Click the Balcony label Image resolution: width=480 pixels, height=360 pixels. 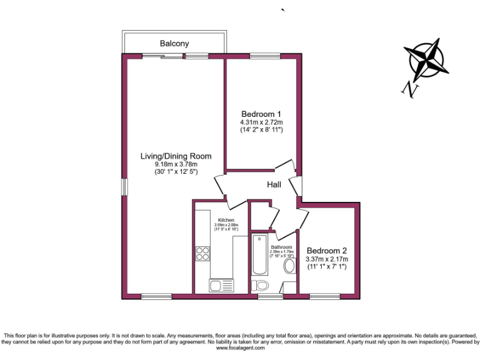click(x=174, y=44)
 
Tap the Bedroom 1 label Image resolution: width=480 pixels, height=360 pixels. click(x=262, y=114)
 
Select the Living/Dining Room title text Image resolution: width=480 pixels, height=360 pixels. click(x=175, y=156)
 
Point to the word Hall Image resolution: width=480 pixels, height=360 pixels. click(x=274, y=185)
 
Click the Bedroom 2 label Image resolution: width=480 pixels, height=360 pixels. click(x=327, y=250)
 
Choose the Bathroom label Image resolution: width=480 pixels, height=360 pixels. click(x=281, y=247)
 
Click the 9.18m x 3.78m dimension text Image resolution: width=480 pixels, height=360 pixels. click(x=175, y=164)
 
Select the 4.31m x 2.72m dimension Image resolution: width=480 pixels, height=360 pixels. click(x=262, y=122)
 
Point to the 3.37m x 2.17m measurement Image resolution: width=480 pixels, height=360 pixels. click(x=327, y=259)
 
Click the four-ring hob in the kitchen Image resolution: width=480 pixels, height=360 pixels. click(x=203, y=253)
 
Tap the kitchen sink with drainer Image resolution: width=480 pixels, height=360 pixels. click(x=222, y=286)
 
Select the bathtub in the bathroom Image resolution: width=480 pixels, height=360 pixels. click(x=259, y=254)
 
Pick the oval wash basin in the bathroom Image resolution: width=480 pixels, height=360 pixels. click(x=289, y=267)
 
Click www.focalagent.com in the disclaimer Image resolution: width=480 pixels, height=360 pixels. click(x=239, y=348)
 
